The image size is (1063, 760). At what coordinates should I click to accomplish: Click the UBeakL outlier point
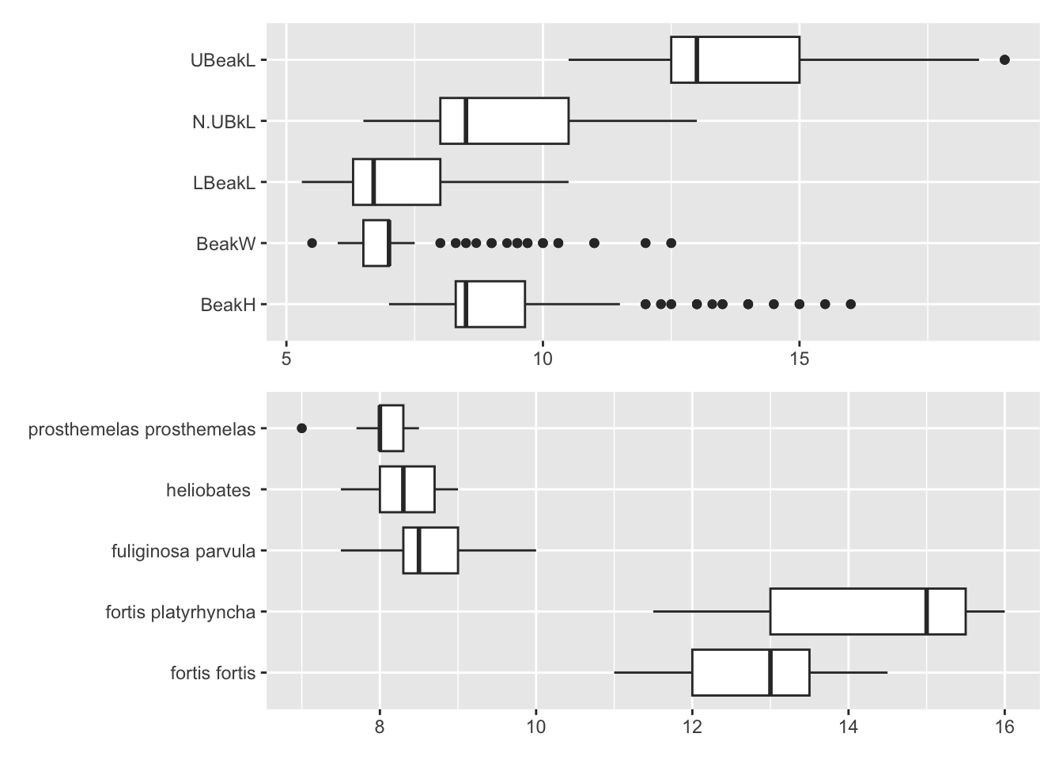tap(1004, 59)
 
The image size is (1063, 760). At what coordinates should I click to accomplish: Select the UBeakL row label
tap(223, 60)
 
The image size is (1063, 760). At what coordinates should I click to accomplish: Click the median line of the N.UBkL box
tap(466, 121)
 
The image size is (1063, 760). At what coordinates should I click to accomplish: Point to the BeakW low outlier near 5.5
tap(312, 243)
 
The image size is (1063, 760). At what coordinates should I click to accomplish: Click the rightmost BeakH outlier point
tap(850, 304)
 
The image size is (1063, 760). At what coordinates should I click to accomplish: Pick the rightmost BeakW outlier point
tap(671, 243)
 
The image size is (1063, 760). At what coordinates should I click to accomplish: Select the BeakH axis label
tap(228, 305)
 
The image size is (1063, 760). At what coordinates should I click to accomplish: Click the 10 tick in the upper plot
tap(543, 359)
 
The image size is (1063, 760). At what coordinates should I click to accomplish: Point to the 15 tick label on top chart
tap(799, 359)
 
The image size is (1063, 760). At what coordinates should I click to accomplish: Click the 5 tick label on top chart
tap(286, 359)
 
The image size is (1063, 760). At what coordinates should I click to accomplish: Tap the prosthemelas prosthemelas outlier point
tap(301, 428)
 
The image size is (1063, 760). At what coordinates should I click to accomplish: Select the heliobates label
tap(208, 490)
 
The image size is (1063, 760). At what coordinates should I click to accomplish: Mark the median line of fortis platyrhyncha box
tap(926, 611)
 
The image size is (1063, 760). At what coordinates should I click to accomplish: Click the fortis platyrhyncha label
tap(180, 612)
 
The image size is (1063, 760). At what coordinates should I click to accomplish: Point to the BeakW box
tap(375, 243)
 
